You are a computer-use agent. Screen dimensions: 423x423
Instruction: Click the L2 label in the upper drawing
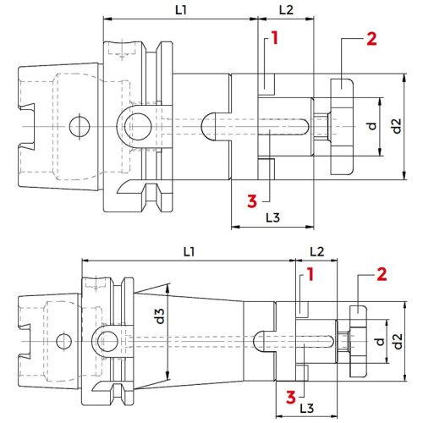pyautogui.click(x=285, y=11)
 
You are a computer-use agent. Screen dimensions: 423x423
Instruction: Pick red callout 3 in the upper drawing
pyautogui.click(x=251, y=201)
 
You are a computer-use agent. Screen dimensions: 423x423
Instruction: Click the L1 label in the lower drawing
pyautogui.click(x=188, y=252)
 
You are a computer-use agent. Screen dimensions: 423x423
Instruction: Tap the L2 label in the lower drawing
pyautogui.click(x=317, y=252)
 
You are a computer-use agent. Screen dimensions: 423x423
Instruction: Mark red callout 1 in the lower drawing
pyautogui.click(x=310, y=274)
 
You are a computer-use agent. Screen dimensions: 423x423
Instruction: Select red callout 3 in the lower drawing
pyautogui.click(x=290, y=395)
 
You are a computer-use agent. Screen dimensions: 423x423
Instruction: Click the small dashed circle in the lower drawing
pyautogui.click(x=62, y=342)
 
